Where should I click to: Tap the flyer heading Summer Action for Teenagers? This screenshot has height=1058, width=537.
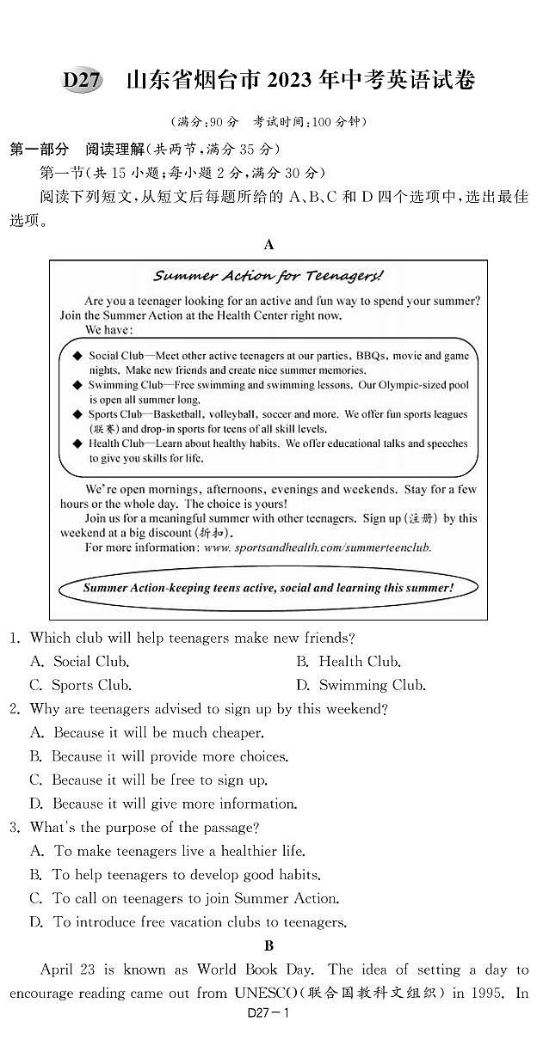pyautogui.click(x=268, y=276)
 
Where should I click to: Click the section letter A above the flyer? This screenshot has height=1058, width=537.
pyautogui.click(x=268, y=245)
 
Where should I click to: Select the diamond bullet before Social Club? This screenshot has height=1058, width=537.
pyautogui.click(x=77, y=355)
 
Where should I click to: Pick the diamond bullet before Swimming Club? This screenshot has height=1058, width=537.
pyautogui.click(x=77, y=385)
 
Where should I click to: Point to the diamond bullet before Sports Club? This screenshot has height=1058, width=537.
pyautogui.click(x=77, y=414)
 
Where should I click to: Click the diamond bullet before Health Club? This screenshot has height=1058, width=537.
pyautogui.click(x=77, y=444)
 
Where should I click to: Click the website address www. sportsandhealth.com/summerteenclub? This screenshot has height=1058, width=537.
pyautogui.click(x=318, y=547)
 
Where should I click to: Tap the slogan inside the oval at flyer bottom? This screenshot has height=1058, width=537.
pyautogui.click(x=268, y=588)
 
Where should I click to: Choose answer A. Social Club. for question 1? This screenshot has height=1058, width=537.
pyautogui.click(x=79, y=662)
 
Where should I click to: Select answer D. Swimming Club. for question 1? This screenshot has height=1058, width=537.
pyautogui.click(x=361, y=685)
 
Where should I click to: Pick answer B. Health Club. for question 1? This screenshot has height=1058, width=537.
pyautogui.click(x=348, y=662)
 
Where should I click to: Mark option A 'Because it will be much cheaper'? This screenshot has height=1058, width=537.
pyautogui.click(x=146, y=733)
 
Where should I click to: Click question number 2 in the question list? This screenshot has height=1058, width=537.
pyautogui.click(x=15, y=709)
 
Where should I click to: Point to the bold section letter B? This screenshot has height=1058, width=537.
pyautogui.click(x=268, y=946)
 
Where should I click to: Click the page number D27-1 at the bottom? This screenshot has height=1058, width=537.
pyautogui.click(x=269, y=1037)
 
